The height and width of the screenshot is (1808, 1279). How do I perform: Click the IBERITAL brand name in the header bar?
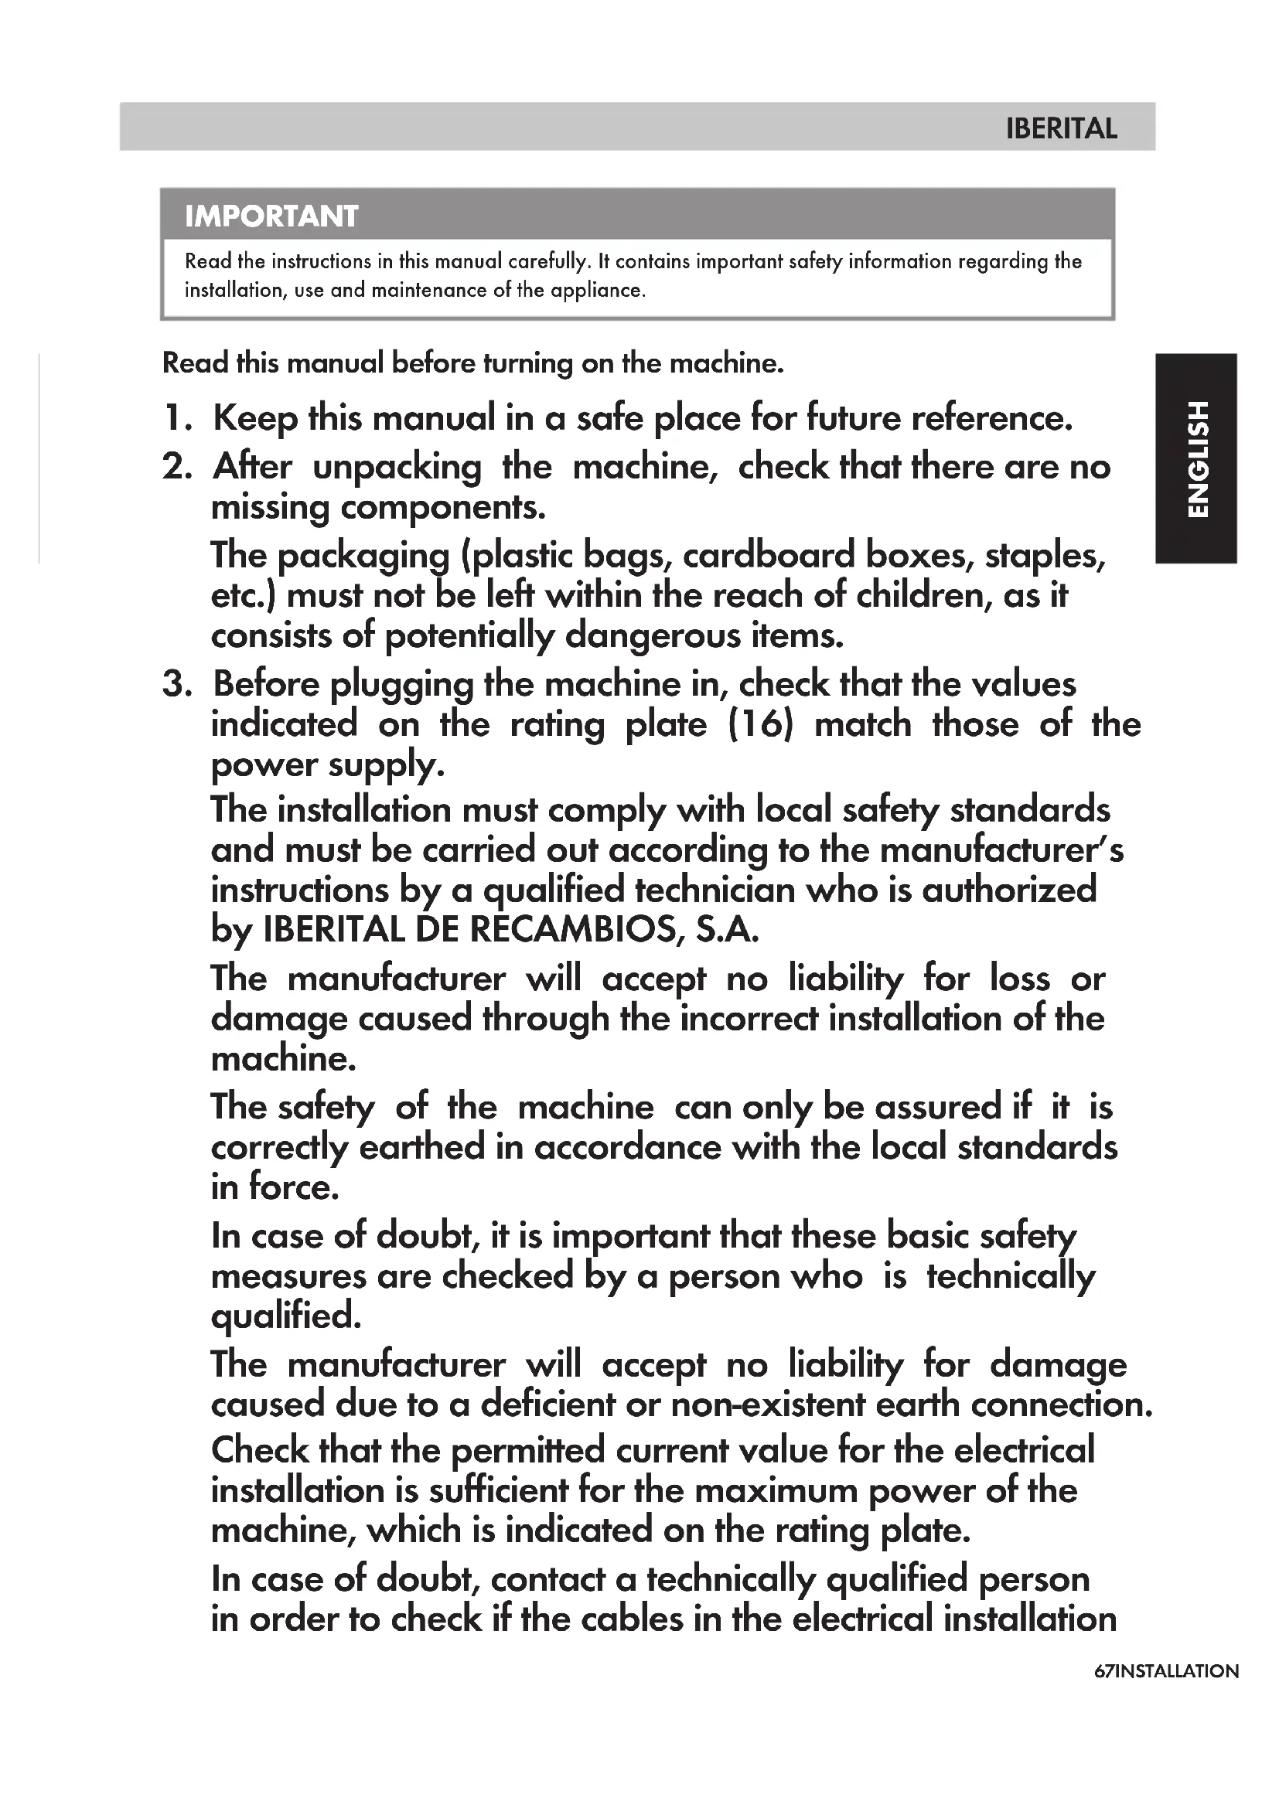click(1061, 128)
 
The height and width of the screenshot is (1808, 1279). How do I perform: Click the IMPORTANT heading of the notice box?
click(271, 216)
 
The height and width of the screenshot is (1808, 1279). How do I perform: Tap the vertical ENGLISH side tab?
click(1196, 458)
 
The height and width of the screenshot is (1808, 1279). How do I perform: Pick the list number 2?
click(176, 467)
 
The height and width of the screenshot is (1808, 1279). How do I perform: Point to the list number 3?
click(176, 684)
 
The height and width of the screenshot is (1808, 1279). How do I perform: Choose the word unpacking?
click(397, 468)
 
